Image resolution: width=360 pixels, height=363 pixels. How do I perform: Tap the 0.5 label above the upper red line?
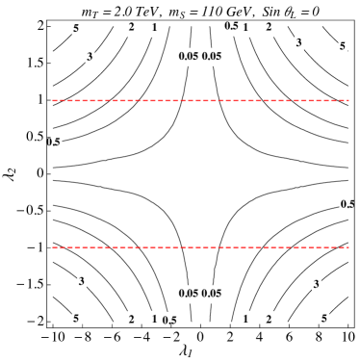click(231, 26)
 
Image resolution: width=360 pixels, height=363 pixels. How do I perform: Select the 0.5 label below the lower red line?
click(170, 320)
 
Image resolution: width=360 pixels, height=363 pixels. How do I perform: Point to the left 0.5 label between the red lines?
click(54, 143)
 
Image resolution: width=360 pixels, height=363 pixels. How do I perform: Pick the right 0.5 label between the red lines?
click(347, 204)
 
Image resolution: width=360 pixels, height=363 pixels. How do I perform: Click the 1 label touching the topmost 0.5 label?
click(245, 29)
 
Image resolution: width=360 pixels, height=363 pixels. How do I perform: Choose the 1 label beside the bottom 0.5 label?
click(154, 319)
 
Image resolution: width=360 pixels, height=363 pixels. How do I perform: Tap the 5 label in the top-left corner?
click(76, 29)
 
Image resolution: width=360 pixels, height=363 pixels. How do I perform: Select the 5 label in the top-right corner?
click(343, 46)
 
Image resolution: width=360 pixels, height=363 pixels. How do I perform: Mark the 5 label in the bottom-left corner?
click(76, 318)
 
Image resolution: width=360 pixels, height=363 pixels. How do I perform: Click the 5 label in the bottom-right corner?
click(324, 318)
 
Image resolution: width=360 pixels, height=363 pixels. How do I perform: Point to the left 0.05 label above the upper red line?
click(188, 56)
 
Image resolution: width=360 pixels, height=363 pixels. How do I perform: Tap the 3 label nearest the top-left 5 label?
click(90, 57)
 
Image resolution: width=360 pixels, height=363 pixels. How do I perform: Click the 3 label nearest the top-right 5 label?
click(298, 43)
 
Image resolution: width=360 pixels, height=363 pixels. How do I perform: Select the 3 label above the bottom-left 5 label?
click(82, 281)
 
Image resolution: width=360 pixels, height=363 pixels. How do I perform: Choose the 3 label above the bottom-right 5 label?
click(316, 284)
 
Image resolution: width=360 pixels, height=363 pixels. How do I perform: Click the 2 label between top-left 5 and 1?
click(132, 28)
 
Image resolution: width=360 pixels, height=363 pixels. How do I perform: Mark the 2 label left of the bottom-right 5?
click(269, 319)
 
